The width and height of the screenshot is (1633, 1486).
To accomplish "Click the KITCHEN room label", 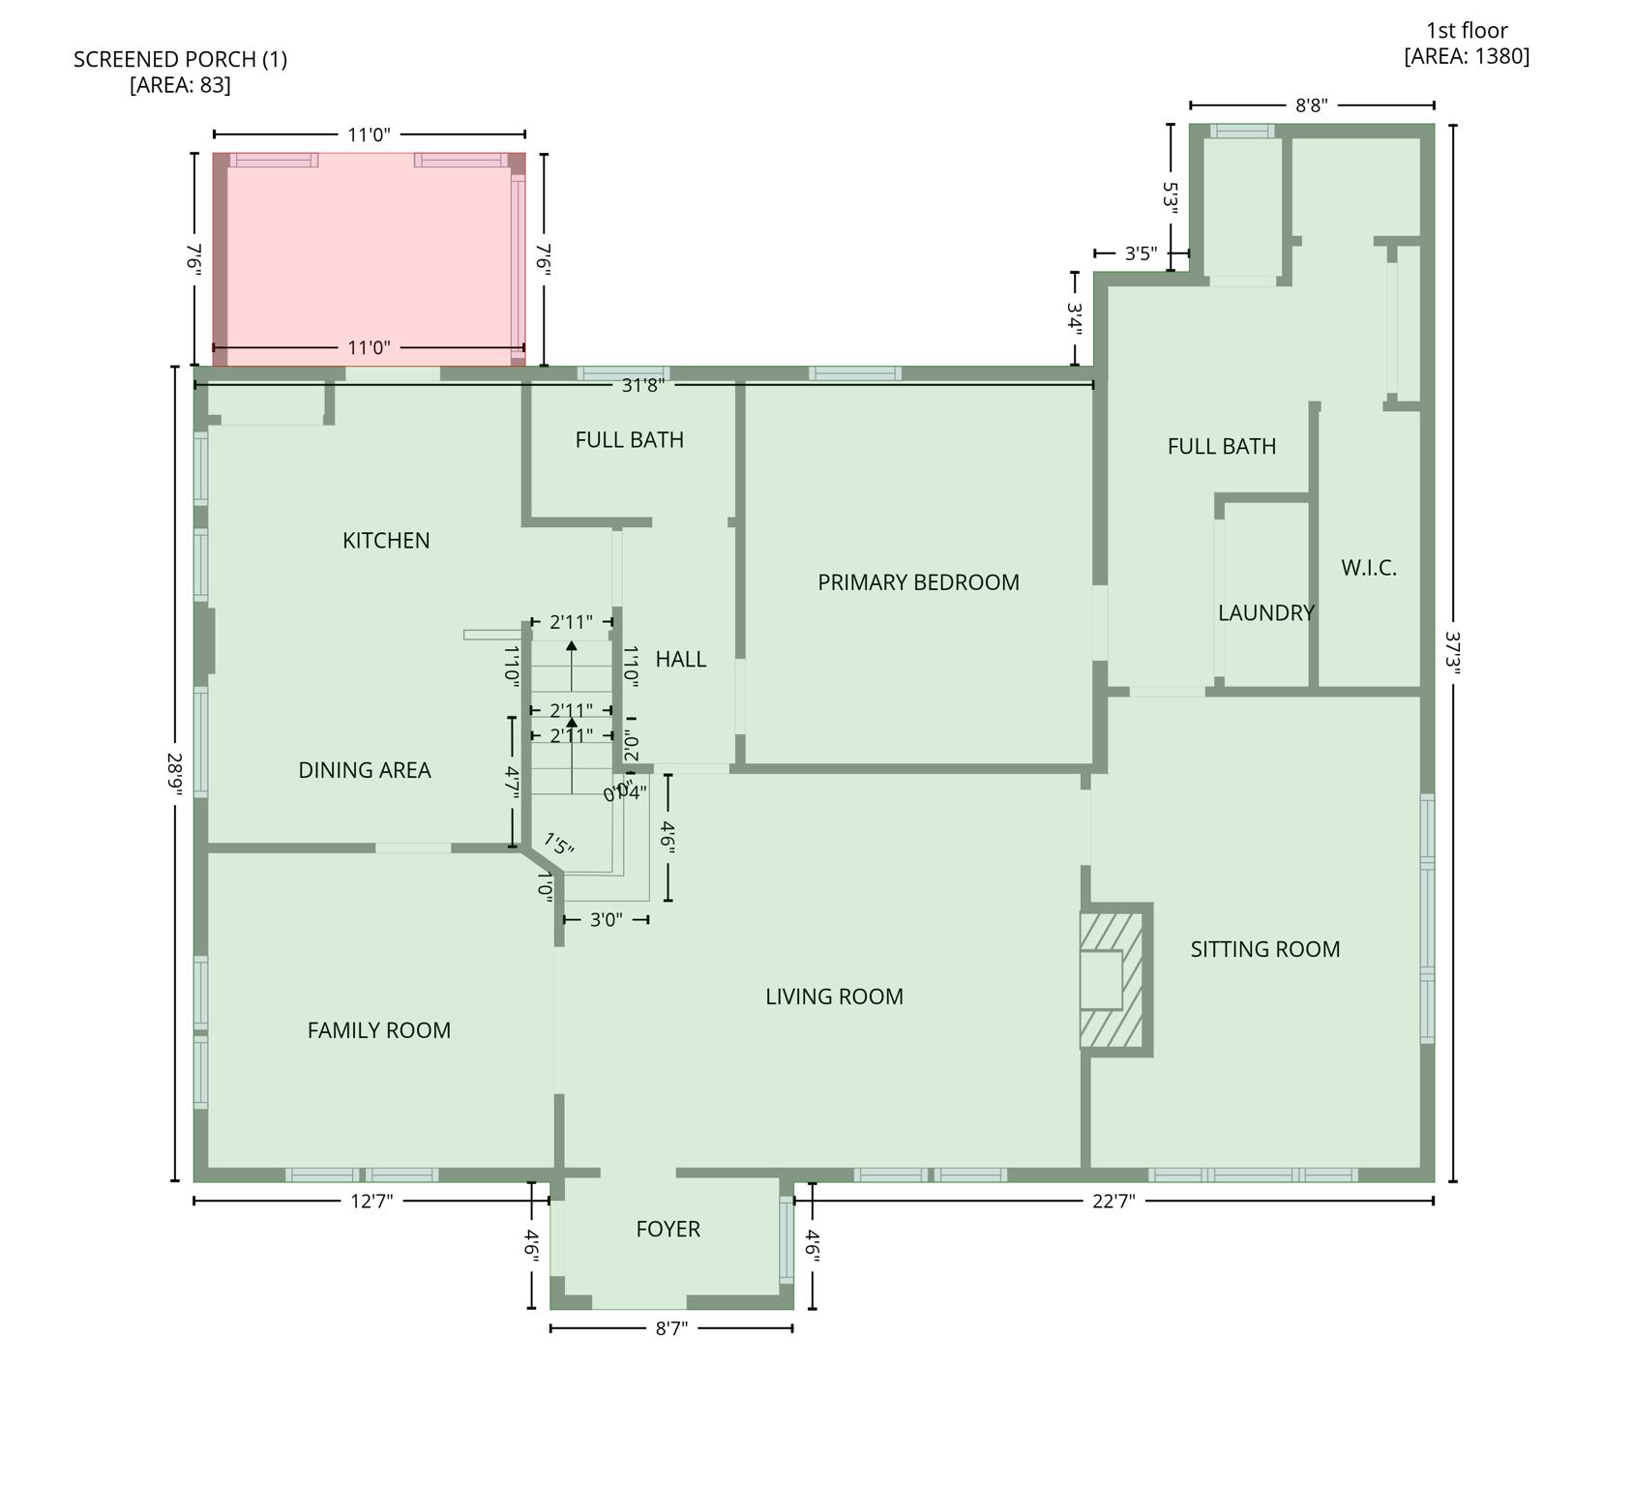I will pos(386,541).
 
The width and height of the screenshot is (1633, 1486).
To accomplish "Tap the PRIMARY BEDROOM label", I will pos(918,582).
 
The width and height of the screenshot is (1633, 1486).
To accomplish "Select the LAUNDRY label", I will pos(1265,613).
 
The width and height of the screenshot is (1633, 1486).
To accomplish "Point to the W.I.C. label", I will pos(1369,568).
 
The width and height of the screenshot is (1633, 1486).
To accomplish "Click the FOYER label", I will pos(668,1230).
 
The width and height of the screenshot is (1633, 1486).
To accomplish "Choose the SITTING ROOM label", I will pos(1264,950).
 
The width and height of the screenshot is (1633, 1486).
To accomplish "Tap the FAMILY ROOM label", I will pos(379,1031).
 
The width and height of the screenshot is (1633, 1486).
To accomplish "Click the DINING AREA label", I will pos(365,771).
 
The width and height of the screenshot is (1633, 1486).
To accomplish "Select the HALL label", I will pos(680,660).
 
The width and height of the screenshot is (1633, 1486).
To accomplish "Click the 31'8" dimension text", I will pos(642,386).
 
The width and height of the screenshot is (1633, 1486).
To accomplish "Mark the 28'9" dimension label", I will pos(175,774).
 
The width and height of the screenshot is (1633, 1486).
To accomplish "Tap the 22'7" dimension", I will pos(1113,1202).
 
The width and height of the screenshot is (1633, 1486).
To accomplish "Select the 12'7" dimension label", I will pos(371,1202).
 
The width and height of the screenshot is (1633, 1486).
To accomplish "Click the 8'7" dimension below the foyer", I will pos(671,1329).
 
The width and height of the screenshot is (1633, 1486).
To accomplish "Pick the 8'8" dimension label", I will pos(1311,105).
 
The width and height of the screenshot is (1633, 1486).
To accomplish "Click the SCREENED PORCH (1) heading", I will pos(180,60).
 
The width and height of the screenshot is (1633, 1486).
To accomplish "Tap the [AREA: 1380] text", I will pos(1467,56).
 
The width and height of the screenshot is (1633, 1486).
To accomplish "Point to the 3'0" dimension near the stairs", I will pos(606,920).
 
